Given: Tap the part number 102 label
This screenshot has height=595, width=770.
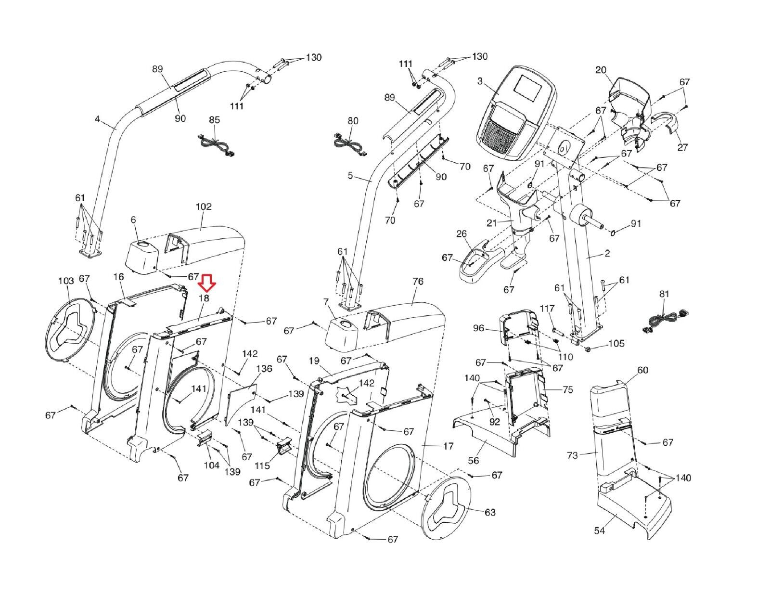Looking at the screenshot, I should pyautogui.click(x=203, y=207).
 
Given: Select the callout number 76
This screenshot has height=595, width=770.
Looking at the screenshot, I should pyautogui.click(x=418, y=281).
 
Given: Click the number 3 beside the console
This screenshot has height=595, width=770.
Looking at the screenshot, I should pyautogui.click(x=480, y=81).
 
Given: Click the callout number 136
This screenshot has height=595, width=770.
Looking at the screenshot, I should pyautogui.click(x=264, y=369).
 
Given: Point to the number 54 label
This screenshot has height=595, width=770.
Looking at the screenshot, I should pyautogui.click(x=600, y=530).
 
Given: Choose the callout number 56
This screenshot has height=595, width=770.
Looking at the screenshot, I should pyautogui.click(x=474, y=460).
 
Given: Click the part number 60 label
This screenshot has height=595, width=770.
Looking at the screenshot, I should pyautogui.click(x=642, y=370).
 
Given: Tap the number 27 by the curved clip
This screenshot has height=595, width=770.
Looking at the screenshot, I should pyautogui.click(x=682, y=147).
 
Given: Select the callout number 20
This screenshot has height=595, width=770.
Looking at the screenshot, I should pyautogui.click(x=601, y=70).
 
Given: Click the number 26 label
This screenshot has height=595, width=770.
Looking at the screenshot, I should pyautogui.click(x=461, y=234).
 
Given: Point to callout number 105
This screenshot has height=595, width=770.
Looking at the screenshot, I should pyautogui.click(x=616, y=343).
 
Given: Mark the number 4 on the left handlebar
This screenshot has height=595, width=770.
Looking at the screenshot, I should pyautogui.click(x=97, y=118).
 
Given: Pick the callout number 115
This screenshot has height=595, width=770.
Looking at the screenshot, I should pyautogui.click(x=262, y=466).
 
